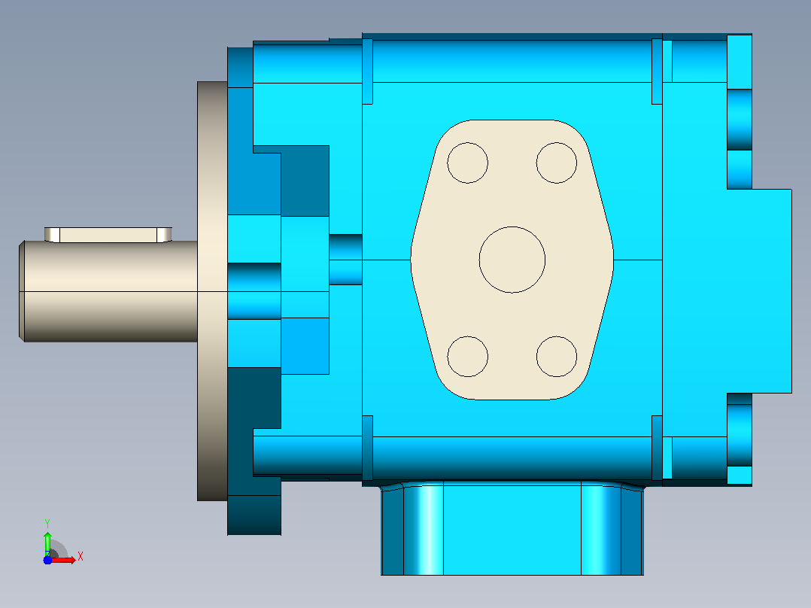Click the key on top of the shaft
point(108,235)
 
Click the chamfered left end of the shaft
point(22,291)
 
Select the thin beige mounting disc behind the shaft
point(212,291)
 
